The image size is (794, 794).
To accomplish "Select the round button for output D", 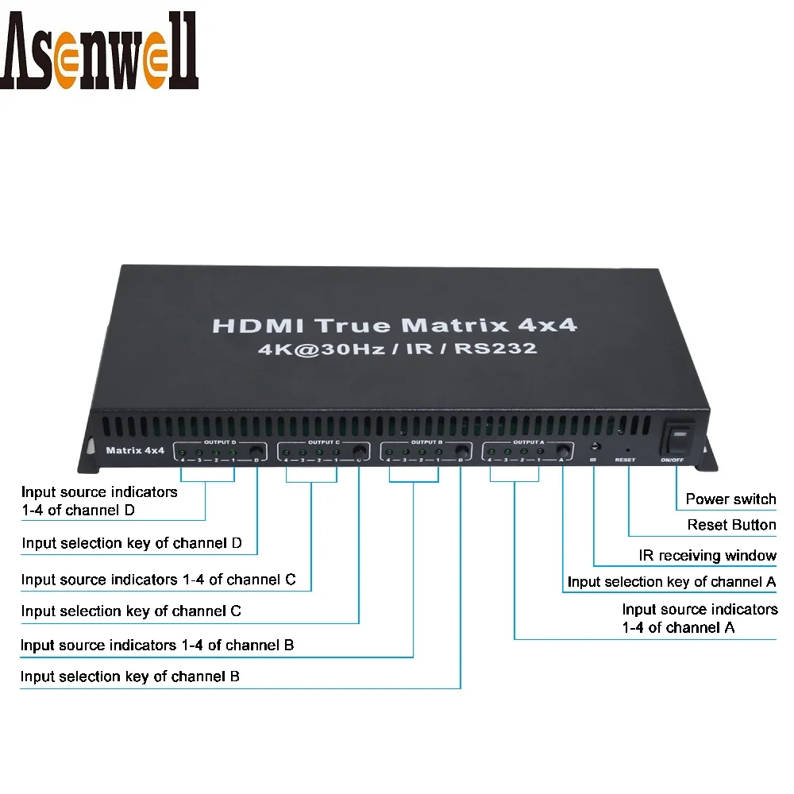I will (256, 453).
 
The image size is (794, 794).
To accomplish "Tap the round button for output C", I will (359, 453).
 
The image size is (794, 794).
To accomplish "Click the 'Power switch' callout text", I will (730, 499).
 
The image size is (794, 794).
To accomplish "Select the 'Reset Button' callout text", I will (731, 525).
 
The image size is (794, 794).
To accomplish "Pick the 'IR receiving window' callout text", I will (707, 556).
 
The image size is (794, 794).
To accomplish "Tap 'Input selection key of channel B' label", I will (130, 676).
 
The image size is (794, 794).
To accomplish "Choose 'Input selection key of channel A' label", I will (672, 582).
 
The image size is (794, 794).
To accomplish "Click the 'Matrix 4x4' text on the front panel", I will (135, 451).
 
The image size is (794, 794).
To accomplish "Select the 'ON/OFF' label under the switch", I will (671, 460).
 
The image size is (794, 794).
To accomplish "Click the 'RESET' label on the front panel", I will (625, 460).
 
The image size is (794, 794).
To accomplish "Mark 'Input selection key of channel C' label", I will (131, 611).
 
